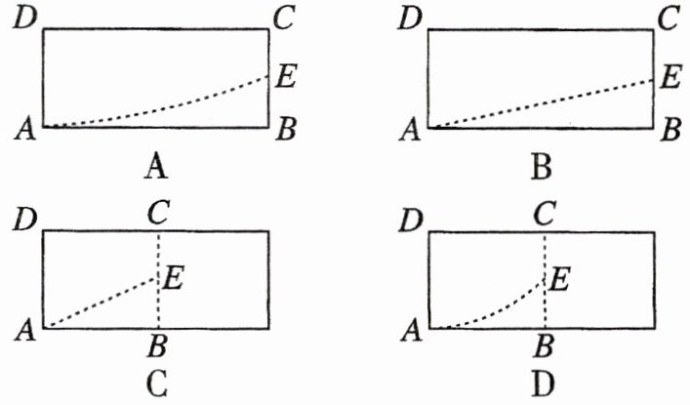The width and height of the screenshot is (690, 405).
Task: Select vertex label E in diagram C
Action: point(175,278)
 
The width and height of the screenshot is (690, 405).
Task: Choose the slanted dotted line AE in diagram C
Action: point(102,303)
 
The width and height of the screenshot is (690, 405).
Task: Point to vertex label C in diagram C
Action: point(156,211)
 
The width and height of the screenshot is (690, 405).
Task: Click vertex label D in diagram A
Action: point(23,20)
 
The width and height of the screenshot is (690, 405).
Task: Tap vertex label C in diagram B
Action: point(670,20)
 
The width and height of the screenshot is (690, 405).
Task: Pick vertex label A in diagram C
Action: point(25,331)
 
